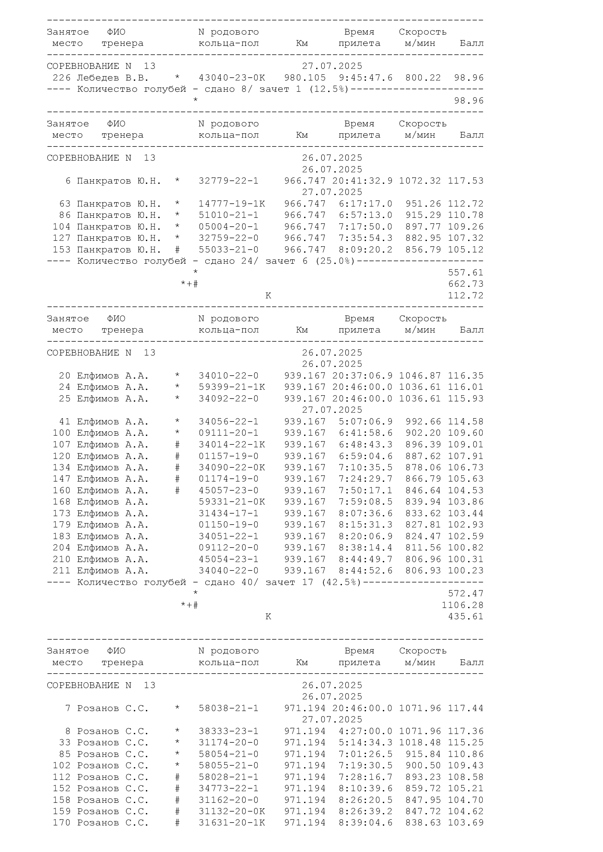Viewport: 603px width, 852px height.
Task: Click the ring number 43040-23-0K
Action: pyautogui.click(x=232, y=78)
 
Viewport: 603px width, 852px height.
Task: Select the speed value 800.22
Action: pyautogui.click(x=423, y=78)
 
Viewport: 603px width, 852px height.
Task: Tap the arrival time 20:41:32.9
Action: pyautogui.click(x=362, y=181)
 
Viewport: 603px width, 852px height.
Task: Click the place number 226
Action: pyautogui.click(x=61, y=78)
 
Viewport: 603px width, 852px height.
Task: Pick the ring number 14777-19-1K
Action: pyautogui.click(x=232, y=204)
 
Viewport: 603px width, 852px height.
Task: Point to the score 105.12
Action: pyautogui.click(x=466, y=250)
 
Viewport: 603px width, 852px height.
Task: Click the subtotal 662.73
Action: pyautogui.click(x=466, y=284)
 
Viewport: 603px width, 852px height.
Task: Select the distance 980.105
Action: pyautogui.click(x=305, y=78)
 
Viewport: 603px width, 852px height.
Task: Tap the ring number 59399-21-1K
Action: pyautogui.click(x=232, y=388)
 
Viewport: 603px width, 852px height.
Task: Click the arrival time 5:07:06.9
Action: pyautogui.click(x=365, y=422)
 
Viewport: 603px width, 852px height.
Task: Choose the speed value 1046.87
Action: pyautogui.click(x=420, y=376)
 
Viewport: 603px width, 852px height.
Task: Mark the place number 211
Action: pyautogui.click(x=61, y=571)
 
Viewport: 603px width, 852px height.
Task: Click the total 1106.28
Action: pyautogui.click(x=462, y=605)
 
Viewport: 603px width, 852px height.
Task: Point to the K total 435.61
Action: pyautogui.click(x=466, y=617)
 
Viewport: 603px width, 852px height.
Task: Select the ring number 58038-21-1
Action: pyautogui.click(x=228, y=708)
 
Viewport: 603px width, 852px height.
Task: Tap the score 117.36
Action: pyautogui.click(x=466, y=731)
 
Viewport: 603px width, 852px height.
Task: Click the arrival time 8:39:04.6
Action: pyautogui.click(x=365, y=823)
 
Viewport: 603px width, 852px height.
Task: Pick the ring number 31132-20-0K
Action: pyautogui.click(x=232, y=812)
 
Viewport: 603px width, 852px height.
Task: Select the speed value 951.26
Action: pyautogui.click(x=423, y=204)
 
